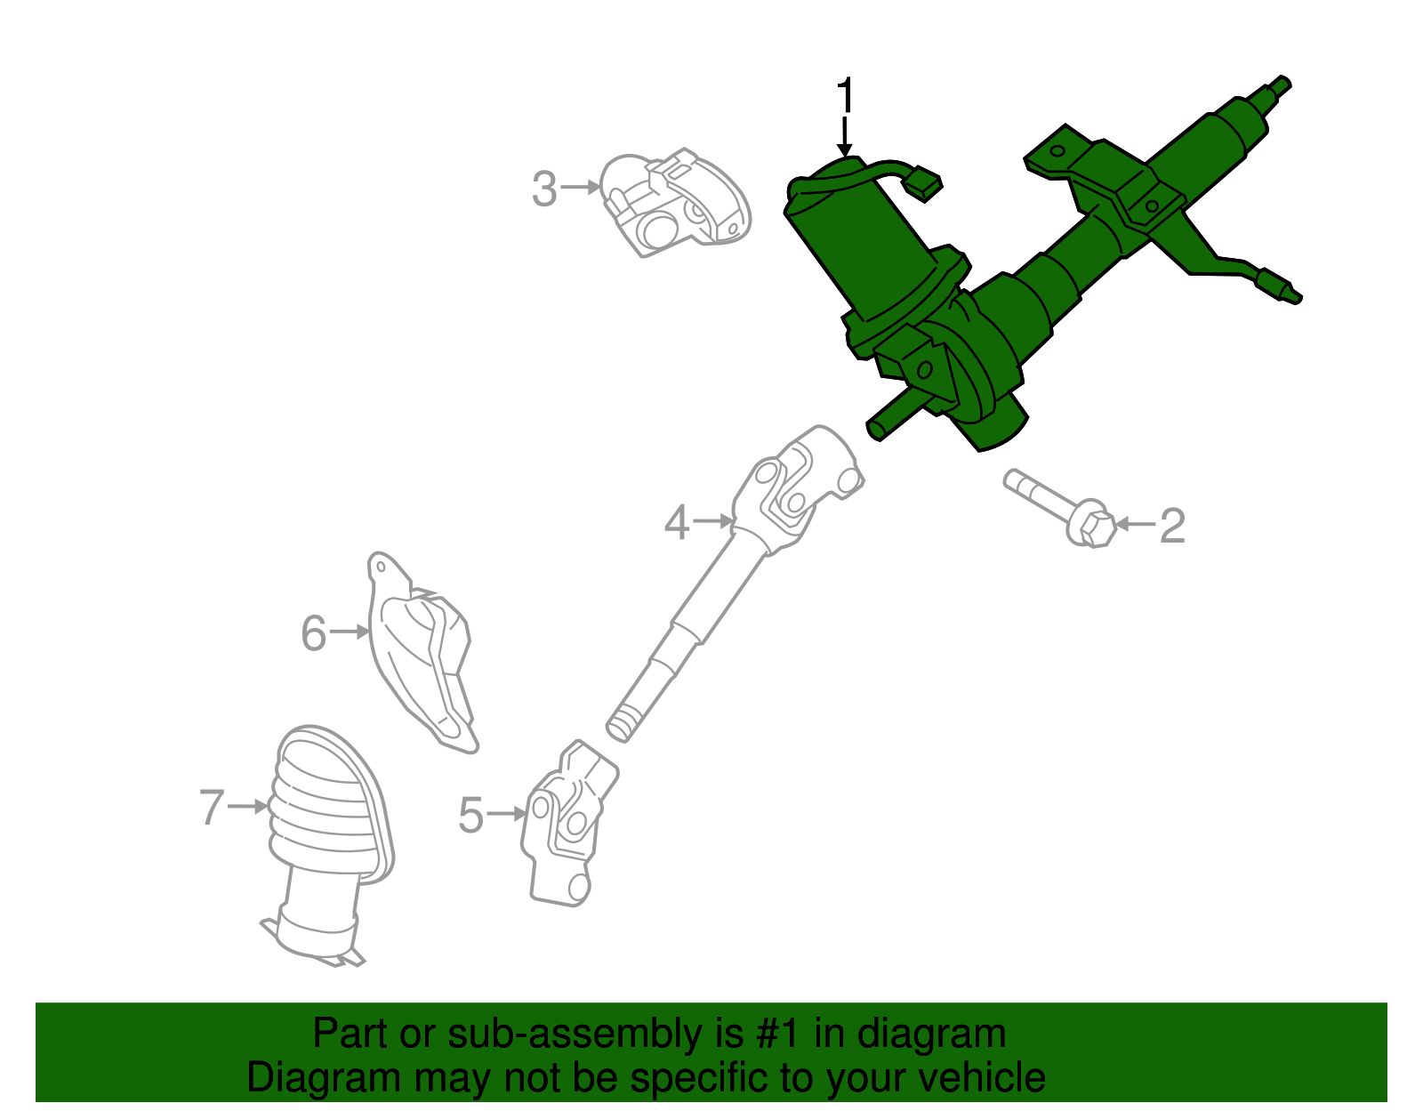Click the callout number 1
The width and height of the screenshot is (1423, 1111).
pos(845,95)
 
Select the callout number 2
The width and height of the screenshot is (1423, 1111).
pos(1173,526)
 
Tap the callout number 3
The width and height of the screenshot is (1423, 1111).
pos(544,189)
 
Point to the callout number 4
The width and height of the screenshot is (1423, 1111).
pos(677,522)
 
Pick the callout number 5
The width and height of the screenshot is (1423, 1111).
pos(470,815)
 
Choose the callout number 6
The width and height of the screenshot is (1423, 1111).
pos(314,633)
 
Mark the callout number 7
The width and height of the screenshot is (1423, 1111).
pos(212,808)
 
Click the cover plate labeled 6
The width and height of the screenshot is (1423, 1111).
pos(422,654)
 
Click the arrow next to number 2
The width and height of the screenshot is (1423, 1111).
pos(1134,525)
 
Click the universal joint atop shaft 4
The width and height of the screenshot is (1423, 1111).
pos(800,485)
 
